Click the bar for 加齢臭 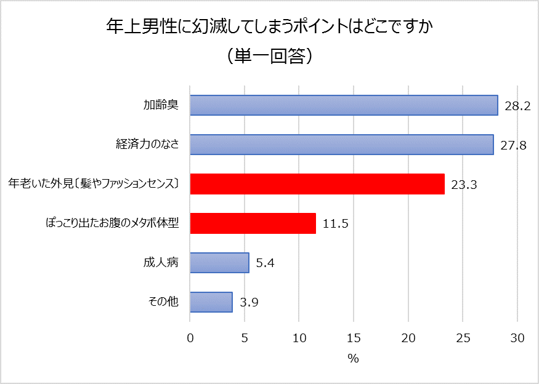click(344, 105)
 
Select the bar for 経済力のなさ click(341, 145)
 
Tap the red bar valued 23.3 click(317, 184)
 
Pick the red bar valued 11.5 click(253, 223)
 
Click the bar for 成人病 click(219, 263)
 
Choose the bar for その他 click(211, 302)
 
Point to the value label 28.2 click(517, 106)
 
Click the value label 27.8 click(513, 145)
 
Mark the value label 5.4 click(265, 263)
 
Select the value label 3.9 click(248, 303)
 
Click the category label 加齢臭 click(161, 105)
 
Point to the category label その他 click(163, 302)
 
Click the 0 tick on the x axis click(190, 338)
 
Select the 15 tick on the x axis click(354, 338)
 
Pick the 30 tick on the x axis click(517, 338)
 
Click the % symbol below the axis click(353, 359)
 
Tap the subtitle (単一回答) click(269, 56)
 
